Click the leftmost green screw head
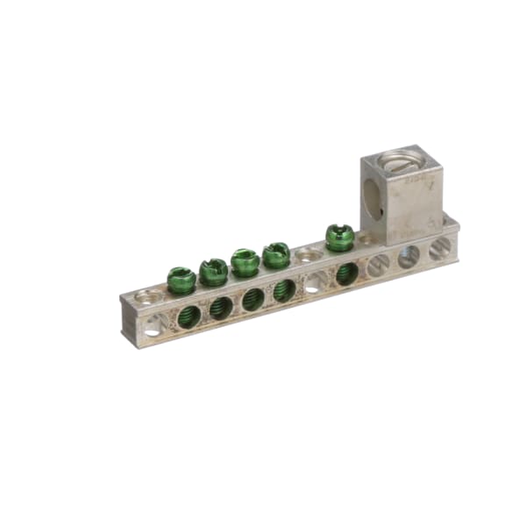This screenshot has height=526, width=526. click(x=181, y=280)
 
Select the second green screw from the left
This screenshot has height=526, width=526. click(x=213, y=271)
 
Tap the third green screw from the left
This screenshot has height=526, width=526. click(x=245, y=261)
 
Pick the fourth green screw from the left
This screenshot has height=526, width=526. click(x=276, y=254)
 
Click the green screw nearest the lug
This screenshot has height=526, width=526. click(x=339, y=237)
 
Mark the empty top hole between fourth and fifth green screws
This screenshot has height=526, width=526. click(x=308, y=256)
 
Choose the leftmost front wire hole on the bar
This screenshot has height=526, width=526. click(x=153, y=327)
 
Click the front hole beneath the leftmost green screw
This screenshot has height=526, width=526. click(x=188, y=316)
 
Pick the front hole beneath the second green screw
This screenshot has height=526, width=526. click(x=221, y=308)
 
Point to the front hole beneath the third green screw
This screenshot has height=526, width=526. click(x=252, y=299)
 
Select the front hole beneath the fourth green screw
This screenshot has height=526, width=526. click(x=284, y=290)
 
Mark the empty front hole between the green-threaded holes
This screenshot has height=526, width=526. click(x=315, y=282)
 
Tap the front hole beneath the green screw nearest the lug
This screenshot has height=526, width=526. click(x=347, y=273)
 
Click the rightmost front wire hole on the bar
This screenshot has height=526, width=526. click(x=440, y=248)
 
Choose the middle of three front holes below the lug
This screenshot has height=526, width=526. click(x=409, y=256)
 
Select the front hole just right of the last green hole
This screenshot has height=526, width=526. click(x=378, y=265)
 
